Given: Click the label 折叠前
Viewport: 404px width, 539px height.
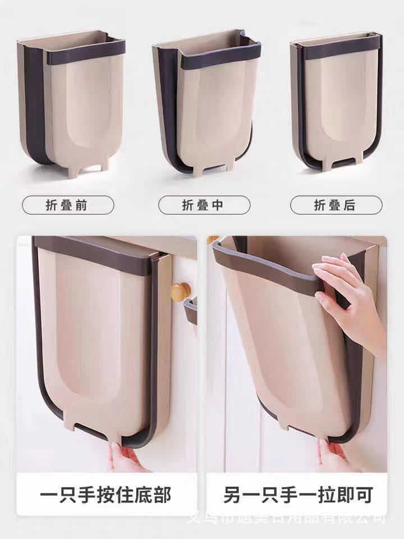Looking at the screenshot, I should point(67,205).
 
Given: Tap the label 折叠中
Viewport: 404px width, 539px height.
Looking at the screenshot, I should point(204,205).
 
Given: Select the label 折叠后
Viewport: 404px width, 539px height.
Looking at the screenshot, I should point(336,205).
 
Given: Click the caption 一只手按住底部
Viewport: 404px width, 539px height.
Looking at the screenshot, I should point(106,495).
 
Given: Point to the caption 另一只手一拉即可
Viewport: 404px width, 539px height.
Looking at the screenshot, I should point(297,495).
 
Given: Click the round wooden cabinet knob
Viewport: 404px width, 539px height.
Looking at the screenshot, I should point(181,292).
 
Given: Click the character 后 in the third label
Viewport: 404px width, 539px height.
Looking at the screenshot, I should point(350,205).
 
